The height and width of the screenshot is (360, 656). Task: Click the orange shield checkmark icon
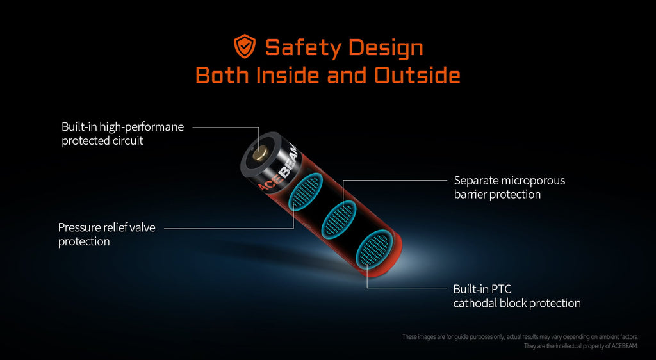(245, 46)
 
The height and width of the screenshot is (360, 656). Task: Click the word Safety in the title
(303, 47)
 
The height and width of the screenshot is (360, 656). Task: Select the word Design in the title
(385, 47)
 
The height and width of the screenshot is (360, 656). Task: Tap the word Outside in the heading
(417, 75)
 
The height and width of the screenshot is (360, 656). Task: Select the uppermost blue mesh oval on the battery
(307, 191)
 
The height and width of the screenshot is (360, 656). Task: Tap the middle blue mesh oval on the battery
(340, 220)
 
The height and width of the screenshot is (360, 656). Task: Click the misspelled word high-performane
(142, 127)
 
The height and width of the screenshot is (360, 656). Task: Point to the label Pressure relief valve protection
(107, 234)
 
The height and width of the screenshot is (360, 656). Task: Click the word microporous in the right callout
(533, 181)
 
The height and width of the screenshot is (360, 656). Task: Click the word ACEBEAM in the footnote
(624, 346)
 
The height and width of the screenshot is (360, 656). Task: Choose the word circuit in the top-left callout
(128, 141)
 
